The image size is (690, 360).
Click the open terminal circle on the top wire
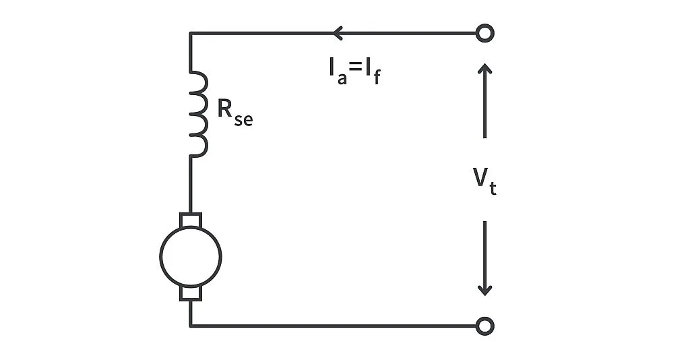coord(484,33)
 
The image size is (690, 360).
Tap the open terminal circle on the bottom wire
coord(484,326)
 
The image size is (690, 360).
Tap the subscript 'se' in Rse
coord(243,120)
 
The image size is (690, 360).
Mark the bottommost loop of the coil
coord(199,144)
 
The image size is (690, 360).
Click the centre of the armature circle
coord(191,256)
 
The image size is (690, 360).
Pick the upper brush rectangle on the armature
coord(191,220)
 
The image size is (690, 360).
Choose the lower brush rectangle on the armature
coord(191,292)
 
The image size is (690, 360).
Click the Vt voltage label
coord(483,180)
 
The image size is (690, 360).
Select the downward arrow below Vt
coord(484,260)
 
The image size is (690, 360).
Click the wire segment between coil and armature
coord(191,183)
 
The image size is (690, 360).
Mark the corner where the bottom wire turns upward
coord(191,326)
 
